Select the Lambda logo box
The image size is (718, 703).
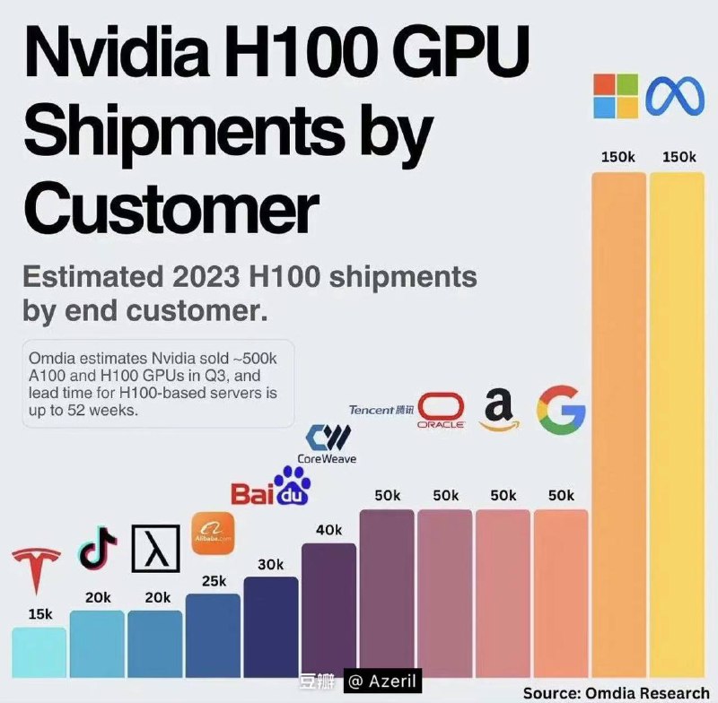coord(156,549)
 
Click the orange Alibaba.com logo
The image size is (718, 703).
coord(214,534)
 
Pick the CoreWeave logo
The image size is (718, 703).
coord(327,445)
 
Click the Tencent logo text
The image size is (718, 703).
coord(382,410)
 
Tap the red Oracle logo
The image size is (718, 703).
coord(441,411)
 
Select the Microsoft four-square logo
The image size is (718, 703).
coord(617,97)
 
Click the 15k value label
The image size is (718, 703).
coord(39,614)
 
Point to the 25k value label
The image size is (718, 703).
coord(214,581)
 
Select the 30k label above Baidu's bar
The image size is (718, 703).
coord(270,564)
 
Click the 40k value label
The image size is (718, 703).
coord(328,530)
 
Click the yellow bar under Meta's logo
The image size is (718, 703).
coord(678,421)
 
